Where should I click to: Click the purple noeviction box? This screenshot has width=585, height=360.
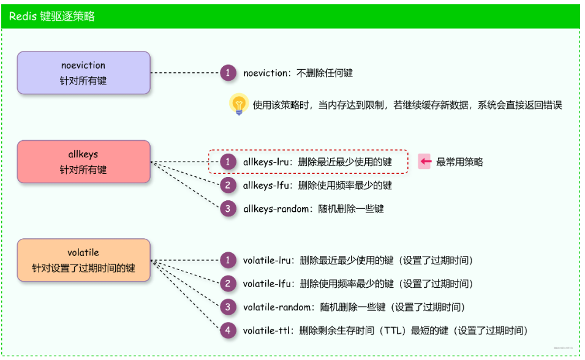83,73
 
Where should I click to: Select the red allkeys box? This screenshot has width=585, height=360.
83,162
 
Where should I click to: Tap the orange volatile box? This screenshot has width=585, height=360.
83,260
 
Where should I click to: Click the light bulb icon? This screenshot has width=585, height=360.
238,105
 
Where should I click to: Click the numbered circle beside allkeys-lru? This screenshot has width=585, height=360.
228,162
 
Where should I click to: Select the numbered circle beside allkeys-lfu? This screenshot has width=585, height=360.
228,185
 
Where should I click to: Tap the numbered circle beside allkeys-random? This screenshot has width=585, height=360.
228,209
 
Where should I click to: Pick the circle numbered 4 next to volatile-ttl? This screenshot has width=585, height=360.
228,331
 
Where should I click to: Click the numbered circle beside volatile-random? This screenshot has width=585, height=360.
228,307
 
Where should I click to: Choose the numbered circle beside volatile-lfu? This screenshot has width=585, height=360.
228,283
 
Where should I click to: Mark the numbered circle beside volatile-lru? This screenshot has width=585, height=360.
228,260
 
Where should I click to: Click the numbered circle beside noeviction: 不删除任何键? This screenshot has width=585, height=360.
228,73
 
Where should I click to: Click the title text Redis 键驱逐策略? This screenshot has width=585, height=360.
52,17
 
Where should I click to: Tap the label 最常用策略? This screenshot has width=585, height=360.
459,162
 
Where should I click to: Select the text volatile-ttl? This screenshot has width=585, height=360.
267,331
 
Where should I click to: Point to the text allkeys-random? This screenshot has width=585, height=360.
276,209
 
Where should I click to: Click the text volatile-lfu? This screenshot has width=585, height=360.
267,283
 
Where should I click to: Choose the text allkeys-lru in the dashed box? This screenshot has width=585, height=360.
268,162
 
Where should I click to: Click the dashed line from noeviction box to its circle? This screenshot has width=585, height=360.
185,73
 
